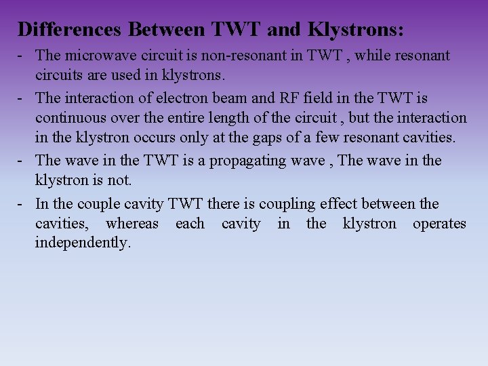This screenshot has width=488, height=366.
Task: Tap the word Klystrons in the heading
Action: [354, 30]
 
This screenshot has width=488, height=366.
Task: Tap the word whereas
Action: [132, 224]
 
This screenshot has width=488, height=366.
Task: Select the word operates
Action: [439, 224]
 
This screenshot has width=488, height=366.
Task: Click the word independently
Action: [82, 243]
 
